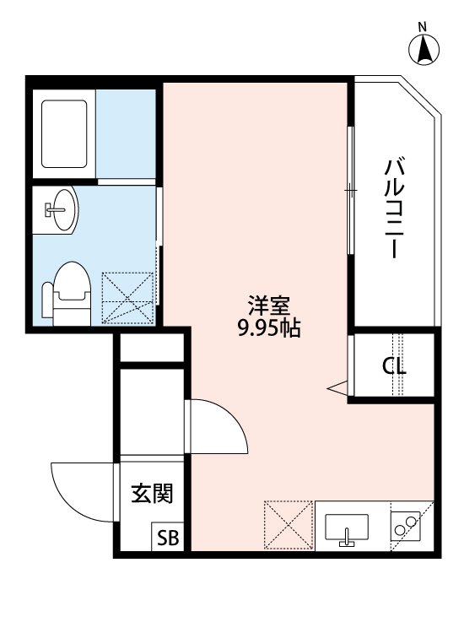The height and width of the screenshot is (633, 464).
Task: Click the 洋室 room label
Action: click(269, 305)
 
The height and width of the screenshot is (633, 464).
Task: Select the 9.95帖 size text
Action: click(269, 329)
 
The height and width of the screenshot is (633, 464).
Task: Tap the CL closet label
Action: click(394, 366)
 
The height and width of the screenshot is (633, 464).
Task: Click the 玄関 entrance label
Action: click(150, 494)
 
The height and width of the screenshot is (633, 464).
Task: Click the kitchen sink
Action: click(346, 527)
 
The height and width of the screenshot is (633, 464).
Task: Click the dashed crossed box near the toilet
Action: click(128, 297)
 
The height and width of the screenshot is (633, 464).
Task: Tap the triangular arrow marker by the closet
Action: click(338, 387)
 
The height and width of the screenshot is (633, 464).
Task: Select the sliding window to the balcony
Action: click(350, 190)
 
